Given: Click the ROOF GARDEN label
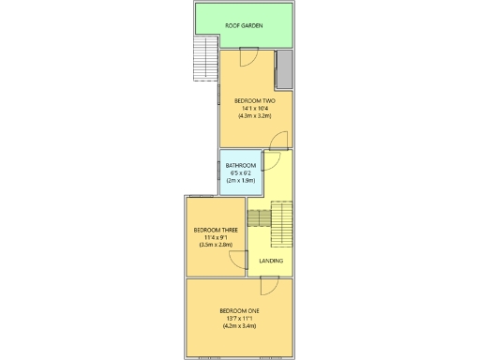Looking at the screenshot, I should tap(244, 25).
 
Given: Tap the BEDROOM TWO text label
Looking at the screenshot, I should tap(254, 100).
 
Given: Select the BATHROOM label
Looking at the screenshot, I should tap(240, 165).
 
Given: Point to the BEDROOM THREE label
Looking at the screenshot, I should tap(215, 230).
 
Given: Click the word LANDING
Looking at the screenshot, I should tap(271, 260).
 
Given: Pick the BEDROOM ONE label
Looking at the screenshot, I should tap(239, 310).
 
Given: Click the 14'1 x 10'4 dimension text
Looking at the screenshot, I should tap(254, 108).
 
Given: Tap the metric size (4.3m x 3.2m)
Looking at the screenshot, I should tap(254, 115).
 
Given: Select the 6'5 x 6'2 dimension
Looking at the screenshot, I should tap(240, 172).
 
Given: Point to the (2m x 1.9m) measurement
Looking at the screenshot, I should tap(240, 180).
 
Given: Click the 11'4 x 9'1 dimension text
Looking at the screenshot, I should tap(215, 237).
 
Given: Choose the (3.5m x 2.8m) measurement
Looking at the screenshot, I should tap(215, 245).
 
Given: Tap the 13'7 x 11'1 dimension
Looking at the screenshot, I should tap(239, 318).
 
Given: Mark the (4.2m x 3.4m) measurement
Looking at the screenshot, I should tap(239, 325).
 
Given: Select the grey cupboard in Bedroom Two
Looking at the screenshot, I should tap(284, 69).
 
